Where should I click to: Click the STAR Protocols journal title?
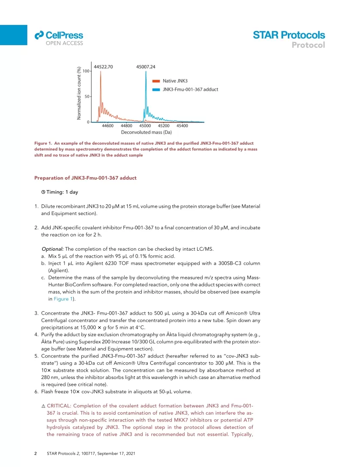click(289, 35)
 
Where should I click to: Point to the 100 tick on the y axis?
click(86, 71)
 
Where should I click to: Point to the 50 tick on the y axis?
click(87, 97)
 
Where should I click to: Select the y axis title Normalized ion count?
click(80, 93)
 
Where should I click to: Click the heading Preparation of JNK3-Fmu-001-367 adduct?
click(85, 178)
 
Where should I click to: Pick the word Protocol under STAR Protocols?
click(308, 45)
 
